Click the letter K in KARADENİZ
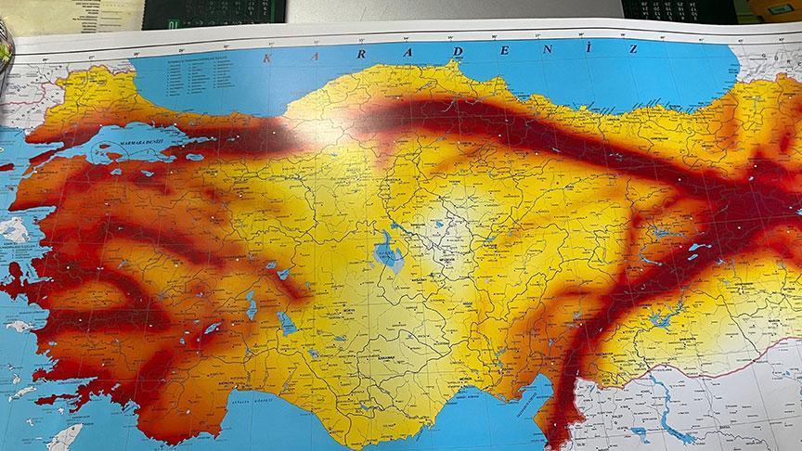pos(269,58)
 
